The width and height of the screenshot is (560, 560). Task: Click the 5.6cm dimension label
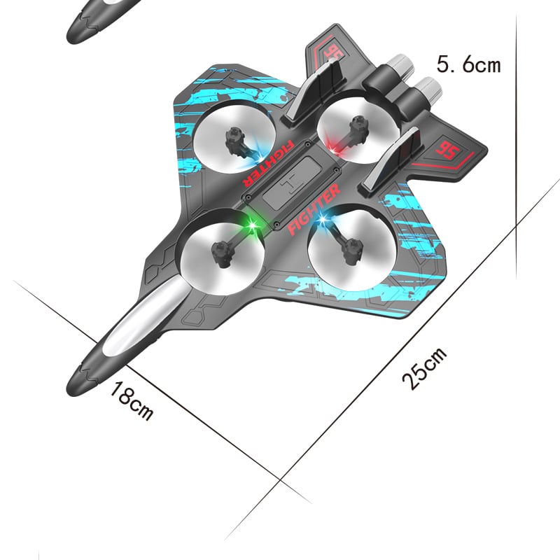pos(469,65)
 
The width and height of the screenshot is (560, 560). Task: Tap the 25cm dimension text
pos(423,368)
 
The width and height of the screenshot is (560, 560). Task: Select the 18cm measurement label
pos(131,401)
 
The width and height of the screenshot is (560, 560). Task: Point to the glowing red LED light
pos(335,149)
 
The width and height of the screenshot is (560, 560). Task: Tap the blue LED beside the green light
pos(323,221)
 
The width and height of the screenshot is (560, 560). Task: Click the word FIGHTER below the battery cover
pos(314,208)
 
